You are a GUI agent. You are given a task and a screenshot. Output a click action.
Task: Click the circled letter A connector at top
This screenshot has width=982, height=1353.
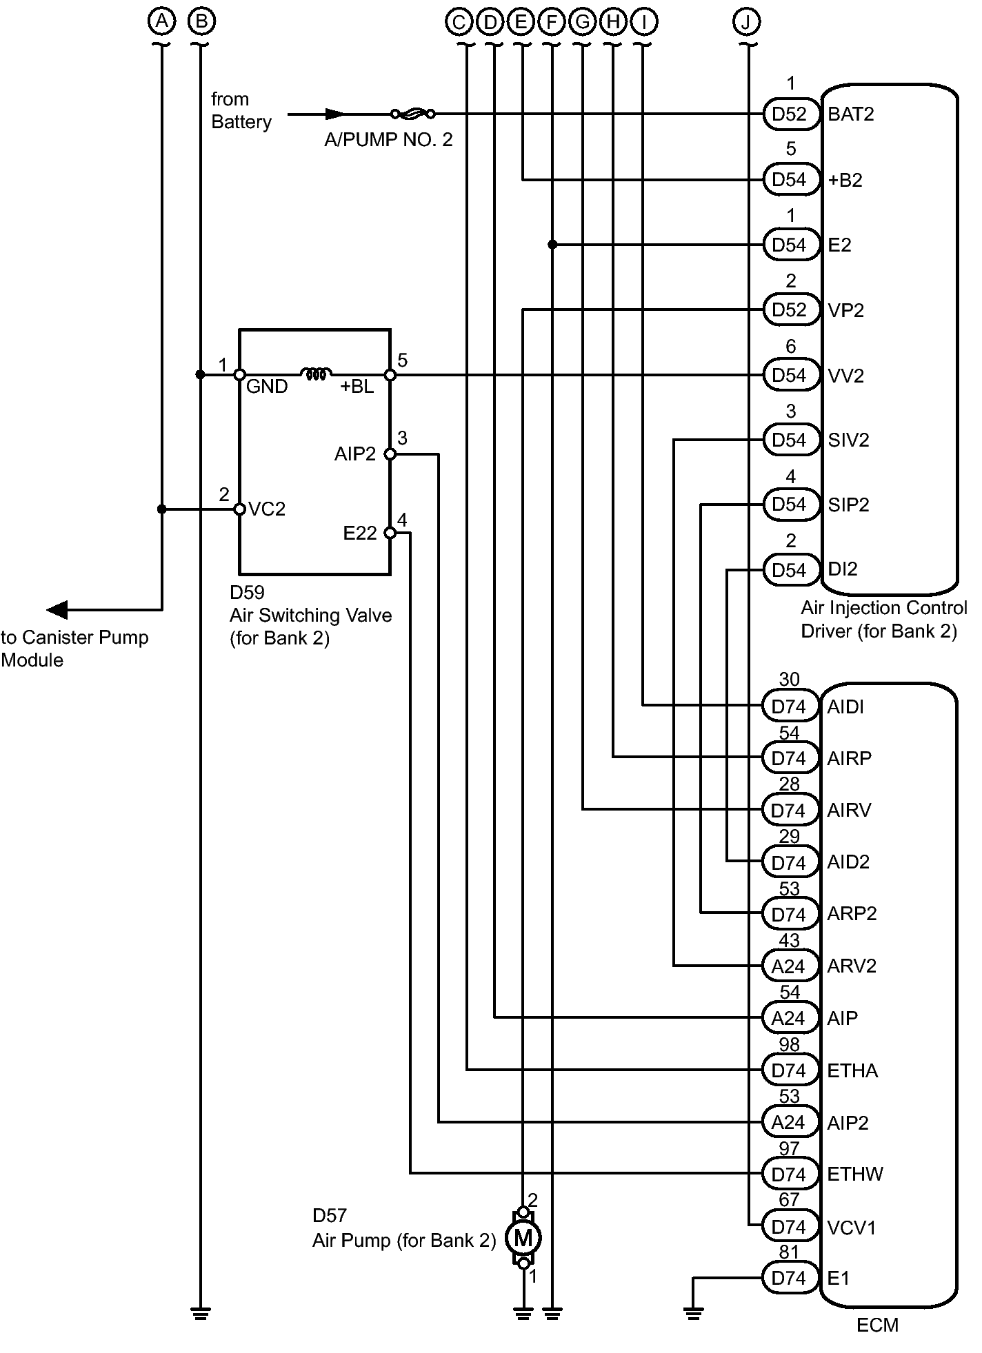pyautogui.click(x=162, y=22)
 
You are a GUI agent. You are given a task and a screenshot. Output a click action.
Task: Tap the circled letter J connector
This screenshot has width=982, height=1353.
pyautogui.click(x=746, y=22)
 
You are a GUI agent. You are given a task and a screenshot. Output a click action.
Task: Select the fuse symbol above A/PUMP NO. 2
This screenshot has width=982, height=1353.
pyautogui.click(x=412, y=114)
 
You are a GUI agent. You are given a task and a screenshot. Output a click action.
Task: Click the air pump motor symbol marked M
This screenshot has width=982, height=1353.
pyautogui.click(x=523, y=1238)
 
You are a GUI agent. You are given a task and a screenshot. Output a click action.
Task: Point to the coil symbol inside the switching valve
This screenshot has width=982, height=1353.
pyautogui.click(x=316, y=374)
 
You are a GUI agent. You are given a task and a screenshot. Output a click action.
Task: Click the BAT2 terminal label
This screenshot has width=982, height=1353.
pyautogui.click(x=851, y=114)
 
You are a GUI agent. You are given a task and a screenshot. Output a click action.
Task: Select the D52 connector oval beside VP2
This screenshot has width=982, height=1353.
pyautogui.click(x=790, y=310)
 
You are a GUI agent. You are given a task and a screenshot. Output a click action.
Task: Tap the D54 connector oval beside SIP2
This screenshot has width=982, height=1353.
pyautogui.click(x=790, y=505)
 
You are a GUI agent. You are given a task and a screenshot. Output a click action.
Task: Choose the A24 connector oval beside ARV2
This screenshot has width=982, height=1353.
pyautogui.click(x=788, y=966)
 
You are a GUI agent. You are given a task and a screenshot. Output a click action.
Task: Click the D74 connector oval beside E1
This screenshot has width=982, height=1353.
pyautogui.click(x=788, y=1279)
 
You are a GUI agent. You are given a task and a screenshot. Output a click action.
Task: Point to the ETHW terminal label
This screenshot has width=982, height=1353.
pyautogui.click(x=855, y=1174)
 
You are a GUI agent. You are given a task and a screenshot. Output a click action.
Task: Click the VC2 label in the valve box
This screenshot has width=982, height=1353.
pyautogui.click(x=267, y=509)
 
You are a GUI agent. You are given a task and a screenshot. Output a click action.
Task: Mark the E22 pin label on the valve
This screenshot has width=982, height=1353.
pyautogui.click(x=360, y=533)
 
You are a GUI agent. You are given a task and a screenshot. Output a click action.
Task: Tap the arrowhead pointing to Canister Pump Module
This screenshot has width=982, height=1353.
pyautogui.click(x=57, y=610)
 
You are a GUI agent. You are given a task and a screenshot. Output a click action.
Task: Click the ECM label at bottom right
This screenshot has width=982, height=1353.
pyautogui.click(x=877, y=1325)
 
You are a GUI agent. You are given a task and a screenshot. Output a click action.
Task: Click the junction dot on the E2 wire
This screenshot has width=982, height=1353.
pyautogui.click(x=552, y=245)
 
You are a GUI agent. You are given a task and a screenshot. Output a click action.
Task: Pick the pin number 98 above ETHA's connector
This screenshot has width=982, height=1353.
pyautogui.click(x=789, y=1045)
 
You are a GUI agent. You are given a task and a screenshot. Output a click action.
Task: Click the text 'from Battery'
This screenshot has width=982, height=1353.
pyautogui.click(x=241, y=110)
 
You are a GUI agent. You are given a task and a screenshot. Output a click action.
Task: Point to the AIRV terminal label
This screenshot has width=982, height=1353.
pyautogui.click(x=850, y=810)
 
